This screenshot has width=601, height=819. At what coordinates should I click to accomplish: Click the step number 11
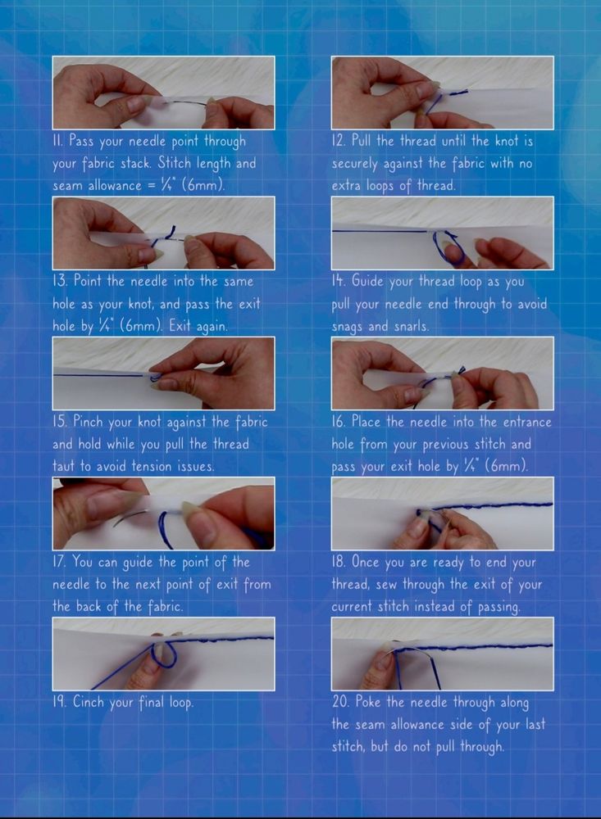58,141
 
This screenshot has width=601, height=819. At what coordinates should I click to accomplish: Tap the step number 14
339,282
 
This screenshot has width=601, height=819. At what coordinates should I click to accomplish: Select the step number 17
59,563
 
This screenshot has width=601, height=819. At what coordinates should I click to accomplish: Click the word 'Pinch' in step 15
89,422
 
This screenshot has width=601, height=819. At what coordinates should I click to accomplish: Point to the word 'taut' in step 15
63,466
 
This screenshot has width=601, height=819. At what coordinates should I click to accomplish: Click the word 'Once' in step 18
364,563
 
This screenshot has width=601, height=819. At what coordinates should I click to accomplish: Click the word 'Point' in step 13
89,282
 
